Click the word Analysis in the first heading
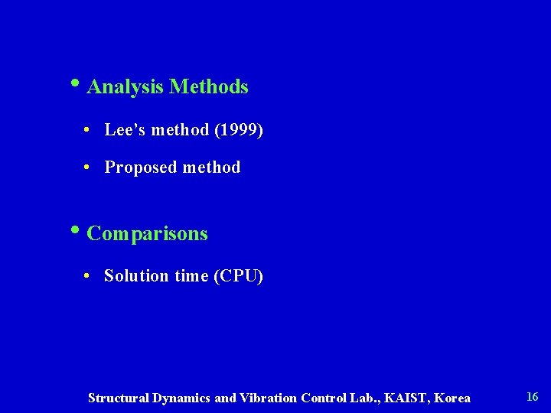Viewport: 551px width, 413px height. pos(126,87)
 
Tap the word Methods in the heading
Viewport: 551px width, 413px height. pos(209,87)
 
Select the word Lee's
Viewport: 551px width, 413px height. pos(126,130)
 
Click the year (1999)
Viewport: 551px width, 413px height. pos(239,130)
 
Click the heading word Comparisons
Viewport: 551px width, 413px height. pos(147,233)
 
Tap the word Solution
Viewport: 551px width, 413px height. pos(136,276)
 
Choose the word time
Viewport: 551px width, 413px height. pos(191,276)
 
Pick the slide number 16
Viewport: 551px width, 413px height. pos(533,396)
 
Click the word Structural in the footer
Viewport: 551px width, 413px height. pos(119,398)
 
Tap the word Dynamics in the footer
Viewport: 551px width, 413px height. pos(183,398)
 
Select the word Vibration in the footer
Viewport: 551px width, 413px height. pos(269,398)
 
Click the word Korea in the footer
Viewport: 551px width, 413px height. pos(454,398)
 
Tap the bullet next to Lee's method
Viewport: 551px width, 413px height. pos(89,131)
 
